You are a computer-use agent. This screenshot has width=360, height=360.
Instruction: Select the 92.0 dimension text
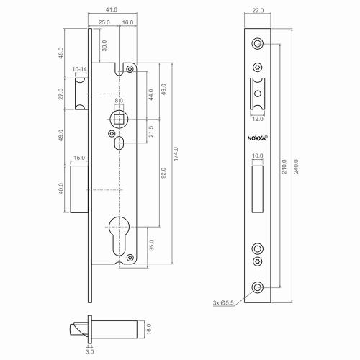(164, 173)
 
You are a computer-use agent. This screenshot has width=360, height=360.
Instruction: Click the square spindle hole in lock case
(119, 116)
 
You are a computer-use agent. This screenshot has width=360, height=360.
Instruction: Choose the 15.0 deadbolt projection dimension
(78, 158)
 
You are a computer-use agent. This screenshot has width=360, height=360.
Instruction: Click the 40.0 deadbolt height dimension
(62, 189)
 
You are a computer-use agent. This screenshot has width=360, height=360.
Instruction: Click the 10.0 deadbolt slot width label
(258, 156)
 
